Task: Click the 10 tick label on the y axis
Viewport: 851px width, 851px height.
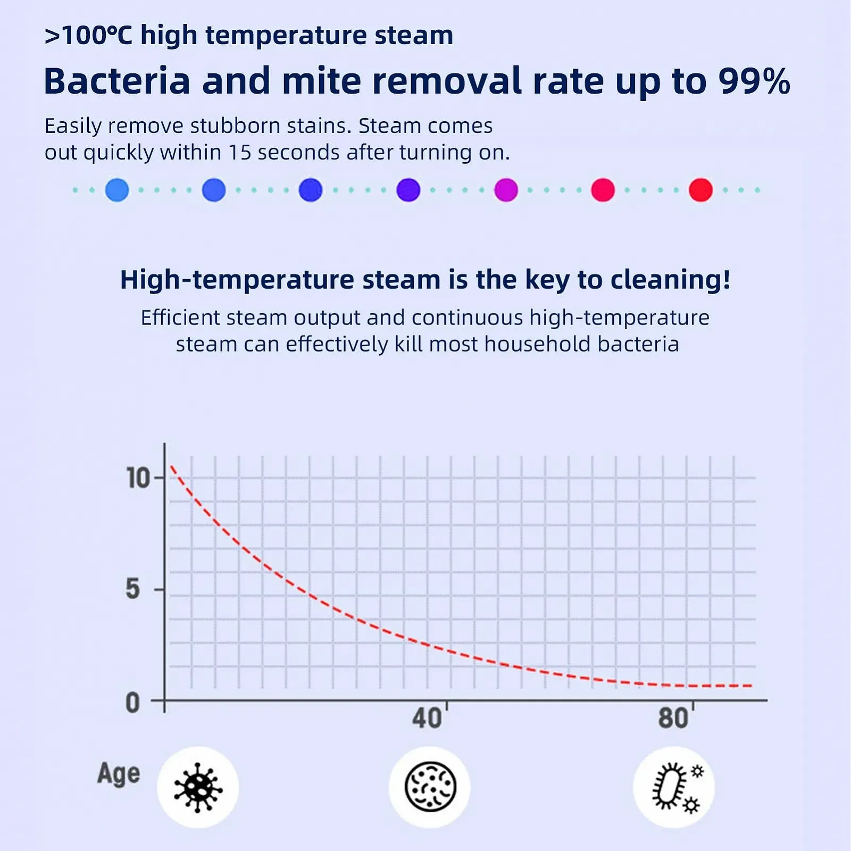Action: click(138, 478)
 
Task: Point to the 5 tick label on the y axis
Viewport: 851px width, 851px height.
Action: click(133, 589)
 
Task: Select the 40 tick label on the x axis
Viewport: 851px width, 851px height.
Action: click(427, 718)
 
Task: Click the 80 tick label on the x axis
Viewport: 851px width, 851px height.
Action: click(673, 718)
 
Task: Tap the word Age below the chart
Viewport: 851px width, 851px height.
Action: click(119, 774)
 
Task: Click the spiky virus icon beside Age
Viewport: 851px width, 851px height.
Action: click(198, 788)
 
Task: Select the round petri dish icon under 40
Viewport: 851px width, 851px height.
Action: click(430, 787)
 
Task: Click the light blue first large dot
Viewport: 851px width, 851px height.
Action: click(117, 190)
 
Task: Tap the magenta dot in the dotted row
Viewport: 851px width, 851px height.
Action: click(506, 190)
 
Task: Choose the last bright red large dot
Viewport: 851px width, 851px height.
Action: click(700, 190)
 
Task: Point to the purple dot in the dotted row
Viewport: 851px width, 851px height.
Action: click(408, 190)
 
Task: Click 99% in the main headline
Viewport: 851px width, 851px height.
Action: click(754, 81)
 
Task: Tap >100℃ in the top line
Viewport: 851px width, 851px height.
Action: click(88, 36)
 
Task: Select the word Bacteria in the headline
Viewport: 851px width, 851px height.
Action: click(117, 81)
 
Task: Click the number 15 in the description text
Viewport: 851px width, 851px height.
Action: click(239, 153)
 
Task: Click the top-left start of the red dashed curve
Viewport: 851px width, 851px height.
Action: click(171, 466)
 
